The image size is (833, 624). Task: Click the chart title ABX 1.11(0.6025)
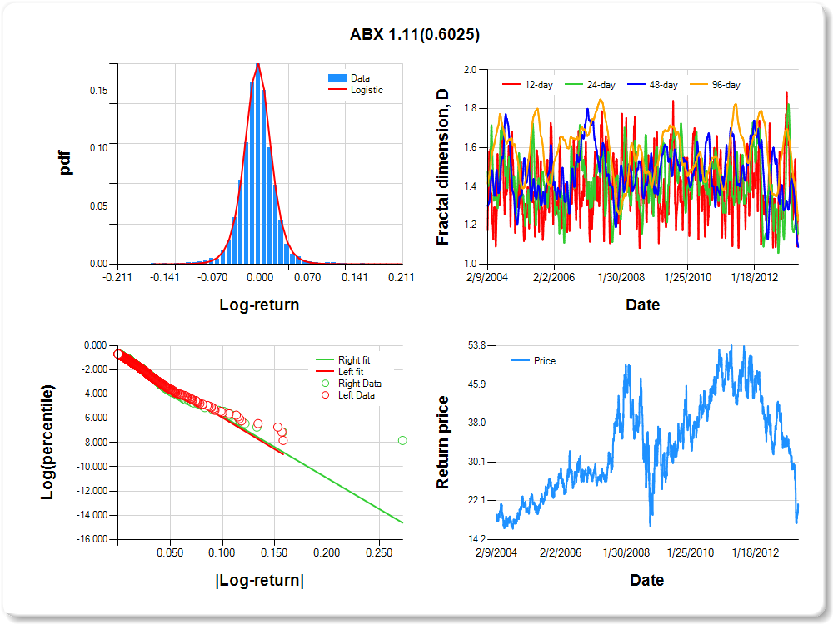[x=415, y=35]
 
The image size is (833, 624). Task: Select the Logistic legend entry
[x=367, y=90]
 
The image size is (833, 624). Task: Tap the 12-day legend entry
[x=534, y=85]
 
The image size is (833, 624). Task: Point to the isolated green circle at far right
[x=402, y=440]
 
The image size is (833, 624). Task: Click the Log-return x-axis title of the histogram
[x=259, y=305]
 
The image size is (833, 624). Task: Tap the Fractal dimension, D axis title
[x=443, y=166]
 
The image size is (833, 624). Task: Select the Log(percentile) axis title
[x=48, y=442]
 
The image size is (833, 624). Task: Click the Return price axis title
[x=443, y=442]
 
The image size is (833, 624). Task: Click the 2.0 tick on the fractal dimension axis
[x=471, y=70]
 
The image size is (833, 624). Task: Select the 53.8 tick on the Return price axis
[x=474, y=344]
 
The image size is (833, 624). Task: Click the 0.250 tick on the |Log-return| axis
[x=379, y=552]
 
